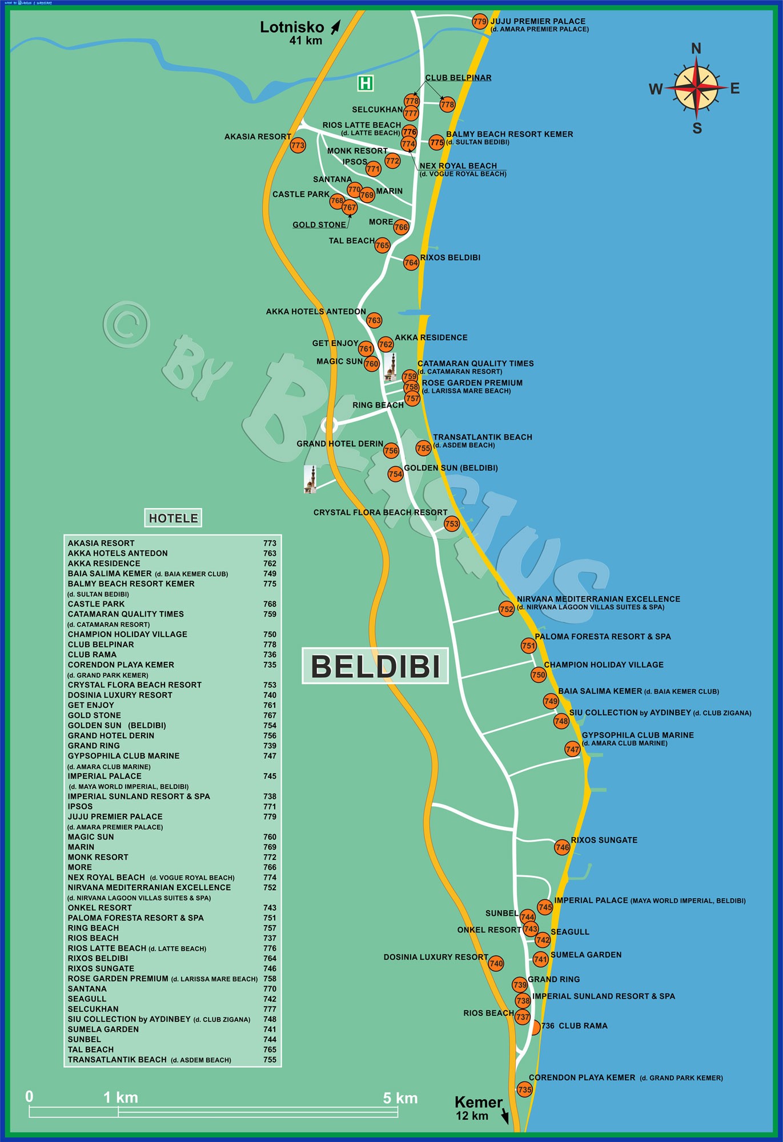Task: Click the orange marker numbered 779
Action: (x=480, y=22)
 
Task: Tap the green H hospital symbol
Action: (x=366, y=83)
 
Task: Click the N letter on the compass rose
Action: (x=696, y=49)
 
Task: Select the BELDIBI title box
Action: (x=375, y=666)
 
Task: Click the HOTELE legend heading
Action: (x=173, y=518)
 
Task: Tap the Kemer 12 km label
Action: (x=479, y=1108)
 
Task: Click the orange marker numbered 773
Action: (x=298, y=146)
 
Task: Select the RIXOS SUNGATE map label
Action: (x=604, y=840)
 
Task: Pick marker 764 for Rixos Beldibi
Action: (x=411, y=263)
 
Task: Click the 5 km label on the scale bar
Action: (x=400, y=1098)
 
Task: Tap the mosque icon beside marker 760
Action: (x=390, y=367)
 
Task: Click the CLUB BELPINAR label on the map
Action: (x=458, y=78)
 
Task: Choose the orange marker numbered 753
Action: (x=452, y=524)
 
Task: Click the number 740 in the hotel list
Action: (x=270, y=695)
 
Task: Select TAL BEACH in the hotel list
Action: (x=91, y=1049)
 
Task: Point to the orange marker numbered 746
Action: (x=562, y=847)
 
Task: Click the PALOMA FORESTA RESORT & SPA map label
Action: (x=603, y=637)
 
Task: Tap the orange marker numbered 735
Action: (x=524, y=1089)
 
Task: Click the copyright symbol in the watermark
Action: (x=127, y=324)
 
